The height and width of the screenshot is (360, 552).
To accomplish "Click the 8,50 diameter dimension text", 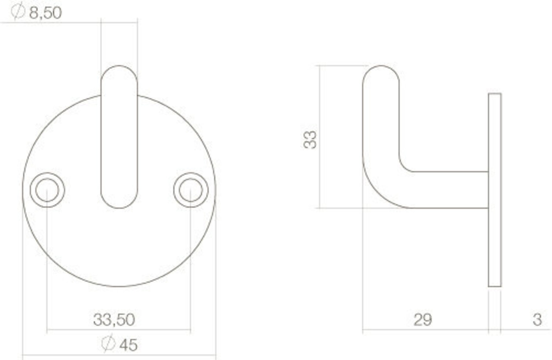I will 45,13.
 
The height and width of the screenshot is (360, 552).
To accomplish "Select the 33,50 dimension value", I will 114,320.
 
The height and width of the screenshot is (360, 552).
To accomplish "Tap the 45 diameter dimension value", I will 128,345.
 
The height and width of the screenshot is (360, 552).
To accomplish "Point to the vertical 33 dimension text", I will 310,139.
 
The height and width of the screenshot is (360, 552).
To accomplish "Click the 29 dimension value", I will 423,320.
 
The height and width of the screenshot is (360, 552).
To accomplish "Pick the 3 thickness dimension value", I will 537,320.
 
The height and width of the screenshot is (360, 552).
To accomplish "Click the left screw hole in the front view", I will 47,190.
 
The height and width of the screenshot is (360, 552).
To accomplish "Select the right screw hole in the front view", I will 191,190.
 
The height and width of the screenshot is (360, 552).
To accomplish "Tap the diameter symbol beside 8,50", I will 18,12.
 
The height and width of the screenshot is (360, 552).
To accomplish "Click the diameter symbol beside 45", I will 108,344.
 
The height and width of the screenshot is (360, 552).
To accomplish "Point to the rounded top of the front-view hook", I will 119,71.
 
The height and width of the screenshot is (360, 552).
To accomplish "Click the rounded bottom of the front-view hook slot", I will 119,203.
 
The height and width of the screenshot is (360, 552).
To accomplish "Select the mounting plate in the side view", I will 495,190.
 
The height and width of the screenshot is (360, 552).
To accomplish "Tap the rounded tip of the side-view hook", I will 381,71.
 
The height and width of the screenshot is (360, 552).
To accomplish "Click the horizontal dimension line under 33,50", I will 119,330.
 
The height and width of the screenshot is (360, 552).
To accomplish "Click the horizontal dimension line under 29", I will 425,331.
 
